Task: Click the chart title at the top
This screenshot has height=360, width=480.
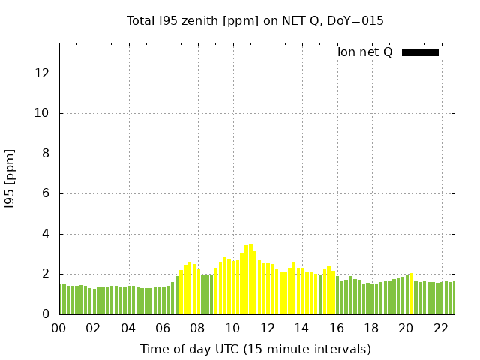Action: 255,21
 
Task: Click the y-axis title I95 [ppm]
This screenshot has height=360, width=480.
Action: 10,178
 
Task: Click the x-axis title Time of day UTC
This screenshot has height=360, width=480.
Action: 255,349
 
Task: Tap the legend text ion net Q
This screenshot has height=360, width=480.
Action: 365,52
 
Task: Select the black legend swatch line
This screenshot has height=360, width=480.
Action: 420,52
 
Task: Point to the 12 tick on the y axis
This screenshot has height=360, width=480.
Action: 41,73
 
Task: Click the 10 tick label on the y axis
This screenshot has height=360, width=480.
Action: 41,114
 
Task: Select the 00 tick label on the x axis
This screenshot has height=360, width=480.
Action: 58,328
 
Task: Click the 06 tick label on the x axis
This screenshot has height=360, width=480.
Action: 163,328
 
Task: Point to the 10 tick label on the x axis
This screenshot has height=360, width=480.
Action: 232,328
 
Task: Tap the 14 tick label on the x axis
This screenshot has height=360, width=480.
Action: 301,328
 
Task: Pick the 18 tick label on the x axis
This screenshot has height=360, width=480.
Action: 371,328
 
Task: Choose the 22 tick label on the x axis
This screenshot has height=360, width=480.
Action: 440,328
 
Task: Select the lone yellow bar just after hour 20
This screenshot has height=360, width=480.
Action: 411,294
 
